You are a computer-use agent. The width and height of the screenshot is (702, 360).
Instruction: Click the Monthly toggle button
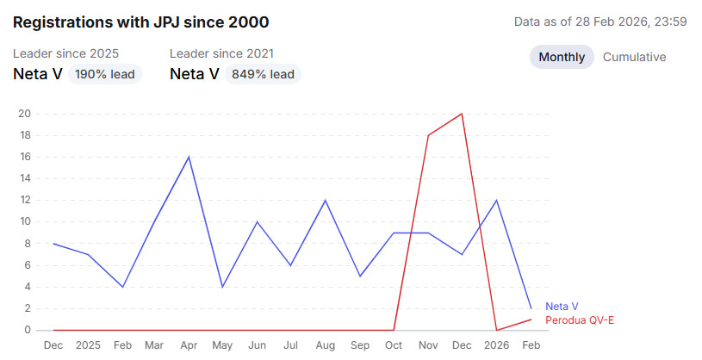coord(562,58)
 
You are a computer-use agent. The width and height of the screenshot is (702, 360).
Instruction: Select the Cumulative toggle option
coord(634,58)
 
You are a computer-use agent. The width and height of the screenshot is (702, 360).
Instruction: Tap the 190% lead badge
coord(105,74)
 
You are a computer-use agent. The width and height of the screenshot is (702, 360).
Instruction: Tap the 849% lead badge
coord(262,74)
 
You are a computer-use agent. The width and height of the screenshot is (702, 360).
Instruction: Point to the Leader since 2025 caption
coord(65,53)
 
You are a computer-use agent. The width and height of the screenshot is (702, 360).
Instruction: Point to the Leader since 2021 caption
coord(222,53)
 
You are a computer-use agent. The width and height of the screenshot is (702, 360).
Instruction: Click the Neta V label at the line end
coord(562,306)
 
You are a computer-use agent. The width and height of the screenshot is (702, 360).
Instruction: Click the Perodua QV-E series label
coord(580,320)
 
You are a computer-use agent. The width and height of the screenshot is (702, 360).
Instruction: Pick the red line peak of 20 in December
coord(463,114)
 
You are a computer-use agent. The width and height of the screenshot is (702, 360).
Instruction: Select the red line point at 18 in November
coord(428,135)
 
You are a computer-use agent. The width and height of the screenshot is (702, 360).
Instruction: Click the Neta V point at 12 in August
coord(326,200)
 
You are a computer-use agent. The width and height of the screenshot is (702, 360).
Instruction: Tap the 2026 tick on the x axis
coord(496,344)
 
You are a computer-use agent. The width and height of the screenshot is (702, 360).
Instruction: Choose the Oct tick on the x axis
coord(394,344)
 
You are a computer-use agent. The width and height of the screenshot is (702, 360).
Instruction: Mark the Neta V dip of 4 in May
coord(223,287)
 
